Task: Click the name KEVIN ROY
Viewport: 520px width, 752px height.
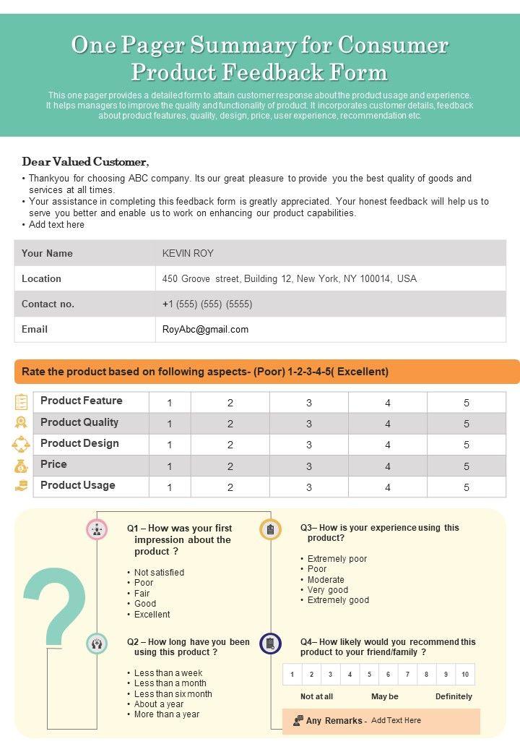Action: [x=188, y=254]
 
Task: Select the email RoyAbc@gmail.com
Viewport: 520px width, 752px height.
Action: [x=205, y=330]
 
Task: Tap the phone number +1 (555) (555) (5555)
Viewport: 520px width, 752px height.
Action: [x=207, y=304]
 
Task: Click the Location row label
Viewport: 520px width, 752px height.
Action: [x=41, y=279]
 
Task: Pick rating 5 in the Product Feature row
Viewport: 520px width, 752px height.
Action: [x=467, y=403]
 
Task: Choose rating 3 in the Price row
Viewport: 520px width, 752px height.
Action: [x=309, y=466]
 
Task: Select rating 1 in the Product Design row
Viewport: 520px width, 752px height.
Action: [x=170, y=445]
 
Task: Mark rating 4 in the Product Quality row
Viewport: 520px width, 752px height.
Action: [x=388, y=424]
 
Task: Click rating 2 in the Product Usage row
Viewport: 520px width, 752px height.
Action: [x=230, y=487]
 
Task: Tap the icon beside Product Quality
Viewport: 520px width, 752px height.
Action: [x=21, y=423]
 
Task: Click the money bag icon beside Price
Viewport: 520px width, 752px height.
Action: [x=21, y=466]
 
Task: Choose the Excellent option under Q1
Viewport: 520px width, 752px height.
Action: [x=152, y=615]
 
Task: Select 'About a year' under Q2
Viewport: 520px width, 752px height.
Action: [x=159, y=704]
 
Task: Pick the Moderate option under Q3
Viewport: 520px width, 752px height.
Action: [x=326, y=580]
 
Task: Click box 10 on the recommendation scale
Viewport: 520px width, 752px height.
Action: [x=465, y=675]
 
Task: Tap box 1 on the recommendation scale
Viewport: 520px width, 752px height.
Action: [x=292, y=675]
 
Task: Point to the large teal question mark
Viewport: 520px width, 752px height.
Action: [x=55, y=607]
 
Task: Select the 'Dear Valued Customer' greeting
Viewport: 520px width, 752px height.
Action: [x=85, y=162]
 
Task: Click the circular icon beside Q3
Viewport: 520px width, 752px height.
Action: [x=270, y=529]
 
